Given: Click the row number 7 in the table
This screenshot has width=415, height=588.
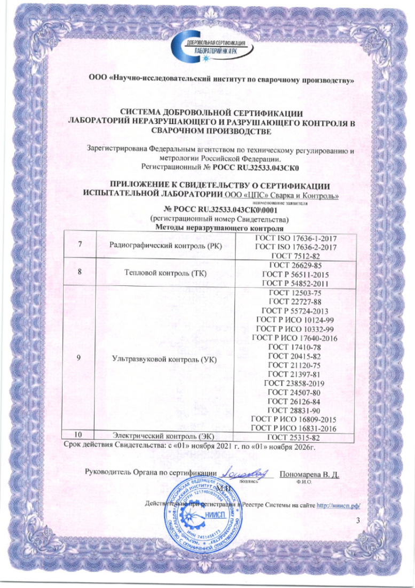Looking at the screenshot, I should tap(80, 246).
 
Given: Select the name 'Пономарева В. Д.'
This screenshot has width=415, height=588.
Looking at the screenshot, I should tap(310, 474).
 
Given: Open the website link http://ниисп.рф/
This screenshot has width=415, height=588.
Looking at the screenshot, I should tap(336, 504).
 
